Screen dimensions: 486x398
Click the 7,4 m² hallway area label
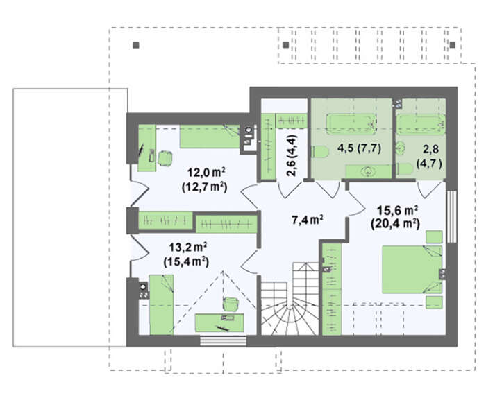(308, 220)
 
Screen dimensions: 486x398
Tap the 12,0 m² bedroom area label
(206, 172)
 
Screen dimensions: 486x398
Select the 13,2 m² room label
(188, 248)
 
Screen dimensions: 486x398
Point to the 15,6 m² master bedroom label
(397, 211)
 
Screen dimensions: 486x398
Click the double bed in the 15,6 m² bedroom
(412, 269)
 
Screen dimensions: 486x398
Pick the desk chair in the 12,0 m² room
(165, 158)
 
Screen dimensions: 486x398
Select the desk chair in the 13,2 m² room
(231, 304)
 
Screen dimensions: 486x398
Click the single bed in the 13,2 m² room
(162, 304)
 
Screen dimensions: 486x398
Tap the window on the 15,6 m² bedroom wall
(451, 216)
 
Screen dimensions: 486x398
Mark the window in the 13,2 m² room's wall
(223, 341)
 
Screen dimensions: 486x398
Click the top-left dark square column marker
(136, 46)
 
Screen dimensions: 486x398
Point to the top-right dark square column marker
(453, 45)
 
